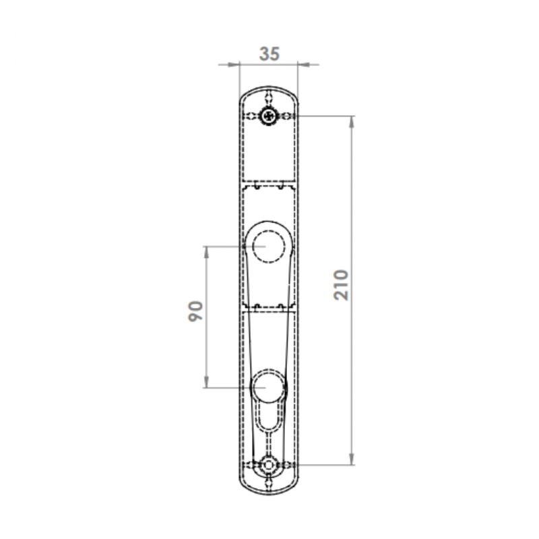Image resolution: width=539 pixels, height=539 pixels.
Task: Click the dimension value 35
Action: (269, 54)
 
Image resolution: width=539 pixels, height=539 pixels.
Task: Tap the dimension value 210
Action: (341, 285)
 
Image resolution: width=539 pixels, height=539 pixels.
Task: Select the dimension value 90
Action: (195, 311)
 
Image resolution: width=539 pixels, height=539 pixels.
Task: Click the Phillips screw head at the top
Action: (269, 116)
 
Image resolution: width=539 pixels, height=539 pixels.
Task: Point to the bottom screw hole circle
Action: (268, 465)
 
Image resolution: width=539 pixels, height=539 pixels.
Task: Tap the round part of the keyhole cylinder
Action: (268, 387)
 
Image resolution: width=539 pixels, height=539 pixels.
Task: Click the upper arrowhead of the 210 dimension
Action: (352, 122)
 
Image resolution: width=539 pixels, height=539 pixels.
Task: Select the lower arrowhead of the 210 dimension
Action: (352, 459)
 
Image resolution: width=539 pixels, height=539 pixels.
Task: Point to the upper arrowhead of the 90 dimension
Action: (206, 253)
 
